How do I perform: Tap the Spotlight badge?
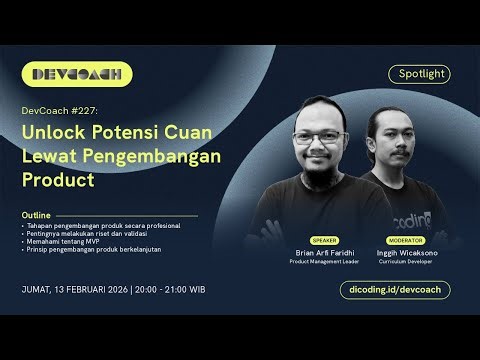click(419, 74)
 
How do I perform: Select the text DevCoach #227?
click(57, 111)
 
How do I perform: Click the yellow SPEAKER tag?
click(324, 241)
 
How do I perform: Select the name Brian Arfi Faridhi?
click(324, 253)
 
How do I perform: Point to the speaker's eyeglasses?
click(321, 138)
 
